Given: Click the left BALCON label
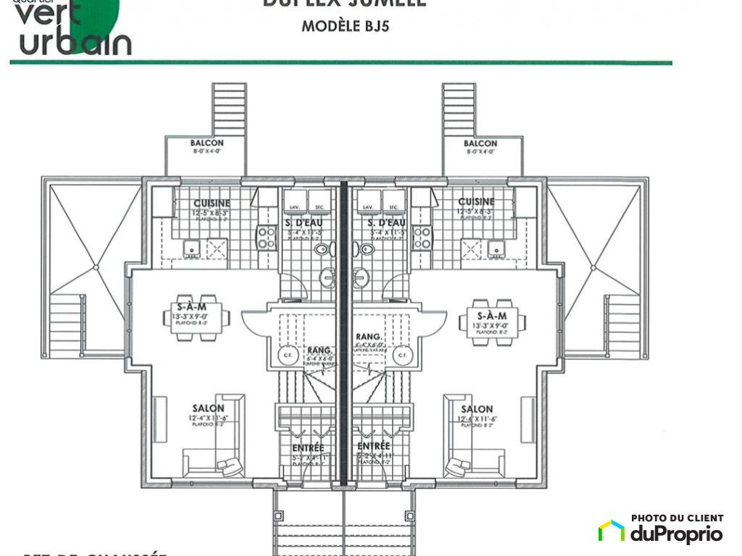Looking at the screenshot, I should [x=207, y=143].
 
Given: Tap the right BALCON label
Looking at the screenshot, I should [x=480, y=143].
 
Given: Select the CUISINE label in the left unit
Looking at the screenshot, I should [x=212, y=203].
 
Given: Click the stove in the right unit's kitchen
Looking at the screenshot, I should [x=422, y=237].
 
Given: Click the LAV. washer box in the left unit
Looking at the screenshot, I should [x=294, y=200].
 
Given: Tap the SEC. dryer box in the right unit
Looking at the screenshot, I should [x=392, y=200].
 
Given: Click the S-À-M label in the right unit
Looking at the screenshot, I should [x=492, y=316].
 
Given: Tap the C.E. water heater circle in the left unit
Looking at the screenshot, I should [x=286, y=355].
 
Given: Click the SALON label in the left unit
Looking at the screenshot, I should [x=207, y=408].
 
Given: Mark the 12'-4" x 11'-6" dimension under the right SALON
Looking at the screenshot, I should [x=476, y=418].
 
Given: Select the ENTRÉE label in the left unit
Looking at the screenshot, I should [x=309, y=449].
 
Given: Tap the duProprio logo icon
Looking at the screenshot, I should [x=611, y=531].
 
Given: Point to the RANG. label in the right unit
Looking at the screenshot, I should [x=369, y=337].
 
